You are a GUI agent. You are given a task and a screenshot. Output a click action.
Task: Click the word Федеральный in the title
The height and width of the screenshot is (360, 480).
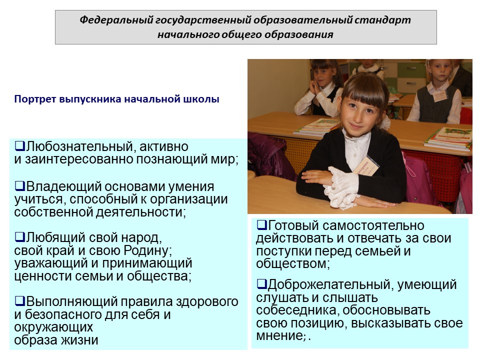(x=116, y=20)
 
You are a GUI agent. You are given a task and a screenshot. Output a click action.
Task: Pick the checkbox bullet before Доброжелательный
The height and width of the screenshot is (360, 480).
(x=261, y=284)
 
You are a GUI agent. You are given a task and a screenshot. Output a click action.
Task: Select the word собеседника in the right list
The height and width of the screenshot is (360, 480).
(x=297, y=310)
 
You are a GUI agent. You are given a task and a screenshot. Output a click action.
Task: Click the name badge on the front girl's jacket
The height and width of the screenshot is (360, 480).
(x=366, y=167)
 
